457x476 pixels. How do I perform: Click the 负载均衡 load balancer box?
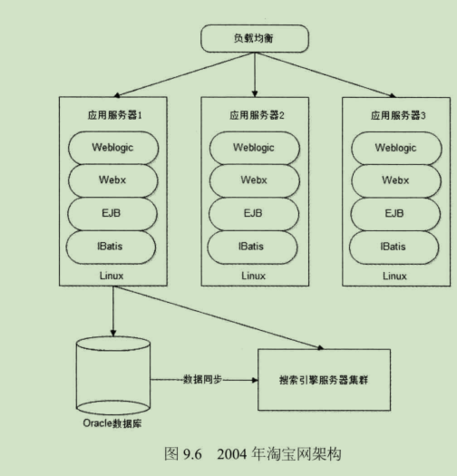[254, 39]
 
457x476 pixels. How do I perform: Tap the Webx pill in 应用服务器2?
[255, 180]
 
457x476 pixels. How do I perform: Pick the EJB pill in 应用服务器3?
[394, 213]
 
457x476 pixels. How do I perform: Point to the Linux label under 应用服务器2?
[255, 275]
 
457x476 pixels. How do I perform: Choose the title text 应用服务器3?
[394, 116]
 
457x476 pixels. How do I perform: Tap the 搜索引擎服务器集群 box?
[323, 379]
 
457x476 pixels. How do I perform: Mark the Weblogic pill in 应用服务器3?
[394, 147]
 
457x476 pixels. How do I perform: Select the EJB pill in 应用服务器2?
[255, 213]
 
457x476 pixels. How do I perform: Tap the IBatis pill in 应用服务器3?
[394, 246]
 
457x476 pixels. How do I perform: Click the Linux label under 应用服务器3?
[394, 275]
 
